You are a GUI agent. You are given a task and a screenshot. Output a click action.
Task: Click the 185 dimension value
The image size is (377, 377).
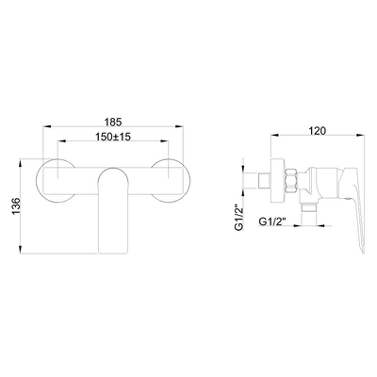pyautogui.click(x=113, y=122)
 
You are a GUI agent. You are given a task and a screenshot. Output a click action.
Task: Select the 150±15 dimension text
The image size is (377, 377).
pyautogui.click(x=113, y=137)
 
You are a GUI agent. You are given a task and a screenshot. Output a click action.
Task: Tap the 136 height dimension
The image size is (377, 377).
pyautogui.click(x=16, y=206)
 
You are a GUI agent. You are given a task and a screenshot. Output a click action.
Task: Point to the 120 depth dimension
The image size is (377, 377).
pyautogui.click(x=318, y=131)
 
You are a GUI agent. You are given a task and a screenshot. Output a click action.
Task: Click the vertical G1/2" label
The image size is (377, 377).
pyautogui.click(x=239, y=219)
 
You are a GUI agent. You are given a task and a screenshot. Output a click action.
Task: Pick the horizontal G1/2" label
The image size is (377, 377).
pyautogui.click(x=272, y=221)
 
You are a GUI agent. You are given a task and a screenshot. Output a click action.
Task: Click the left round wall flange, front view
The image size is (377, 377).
pyautogui.click(x=56, y=181)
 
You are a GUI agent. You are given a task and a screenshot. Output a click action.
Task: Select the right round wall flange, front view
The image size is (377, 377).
pyautogui.click(x=171, y=181)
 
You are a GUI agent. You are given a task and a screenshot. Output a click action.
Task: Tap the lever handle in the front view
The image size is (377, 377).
pyautogui.click(x=113, y=210)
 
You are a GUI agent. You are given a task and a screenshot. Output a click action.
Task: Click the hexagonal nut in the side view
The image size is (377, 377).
pyautogui.click(x=291, y=180)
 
